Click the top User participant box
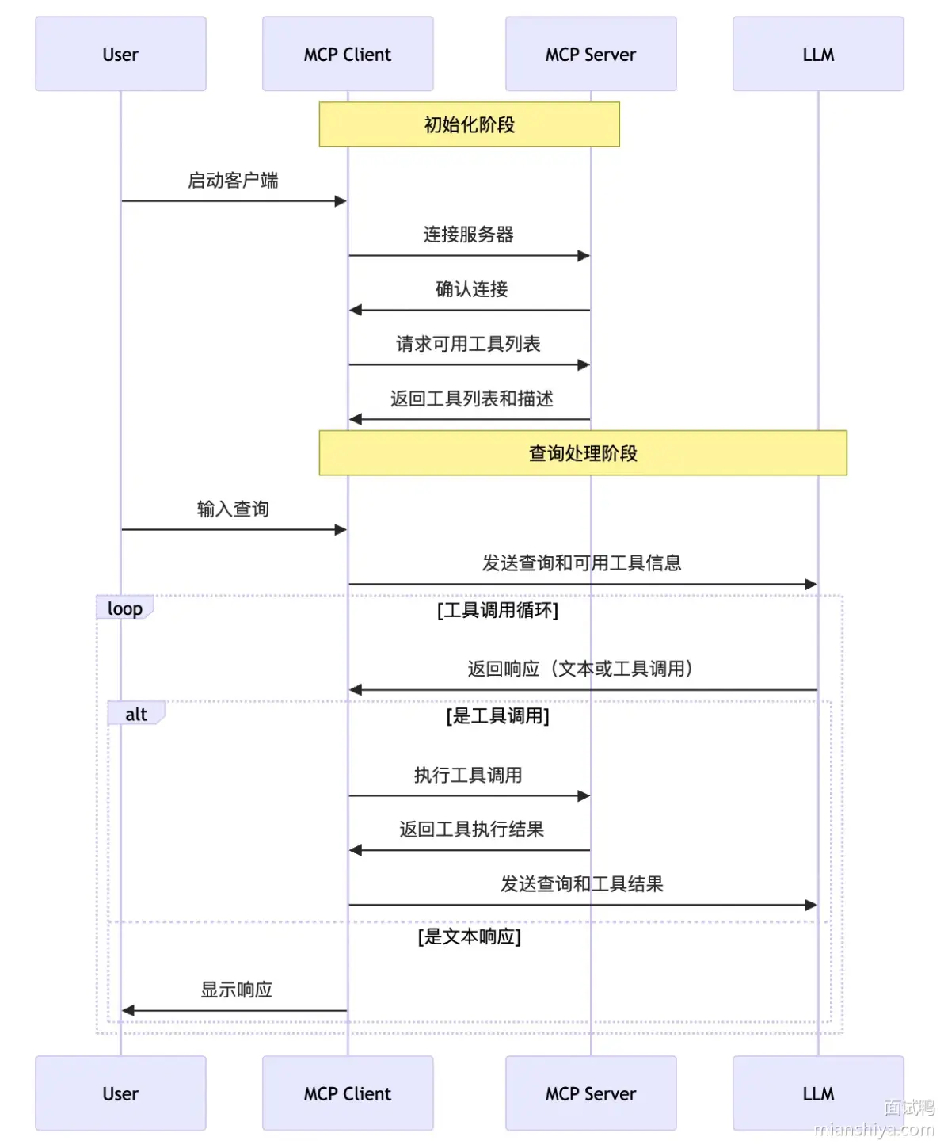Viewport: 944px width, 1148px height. click(120, 54)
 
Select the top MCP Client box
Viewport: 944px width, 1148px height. click(348, 54)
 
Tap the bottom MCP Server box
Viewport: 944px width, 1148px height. click(591, 1093)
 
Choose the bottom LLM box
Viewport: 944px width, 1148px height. click(818, 1093)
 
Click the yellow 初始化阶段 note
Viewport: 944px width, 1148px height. click(469, 124)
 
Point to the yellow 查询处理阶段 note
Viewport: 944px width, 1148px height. click(583, 453)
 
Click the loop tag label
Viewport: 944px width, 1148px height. click(124, 608)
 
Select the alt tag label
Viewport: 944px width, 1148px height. click(136, 714)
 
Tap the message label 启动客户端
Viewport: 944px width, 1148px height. click(233, 180)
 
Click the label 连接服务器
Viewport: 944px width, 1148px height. click(469, 235)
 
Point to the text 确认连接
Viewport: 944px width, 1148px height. click(471, 289)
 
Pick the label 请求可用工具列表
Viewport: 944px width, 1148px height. click(468, 344)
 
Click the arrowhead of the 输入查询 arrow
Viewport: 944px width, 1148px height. click(341, 530)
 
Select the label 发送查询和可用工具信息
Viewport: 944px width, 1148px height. click(581, 563)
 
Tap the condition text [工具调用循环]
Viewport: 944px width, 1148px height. click(498, 610)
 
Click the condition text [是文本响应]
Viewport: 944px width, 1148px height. click(469, 936)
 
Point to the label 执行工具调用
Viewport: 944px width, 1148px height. click(468, 775)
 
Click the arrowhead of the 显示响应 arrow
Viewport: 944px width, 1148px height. click(128, 1011)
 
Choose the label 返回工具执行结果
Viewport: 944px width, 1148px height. click(471, 829)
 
